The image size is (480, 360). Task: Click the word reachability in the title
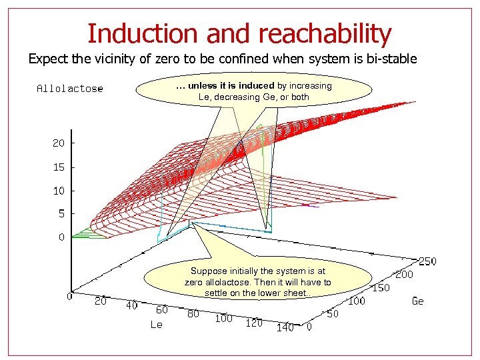(325, 33)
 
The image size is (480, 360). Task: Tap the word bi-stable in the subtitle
(391, 59)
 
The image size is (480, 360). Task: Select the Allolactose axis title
(70, 88)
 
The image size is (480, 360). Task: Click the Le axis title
(156, 325)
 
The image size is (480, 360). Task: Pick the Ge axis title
(417, 301)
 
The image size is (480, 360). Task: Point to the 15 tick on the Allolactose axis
(59, 167)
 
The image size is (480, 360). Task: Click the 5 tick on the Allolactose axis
(61, 214)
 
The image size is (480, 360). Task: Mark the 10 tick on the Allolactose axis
(59, 191)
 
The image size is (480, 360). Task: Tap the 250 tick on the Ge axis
(427, 261)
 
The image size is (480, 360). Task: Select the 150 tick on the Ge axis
(380, 287)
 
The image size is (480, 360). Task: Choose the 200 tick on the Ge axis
(404, 274)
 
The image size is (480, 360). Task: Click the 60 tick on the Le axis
(162, 309)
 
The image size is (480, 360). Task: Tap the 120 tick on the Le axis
(254, 323)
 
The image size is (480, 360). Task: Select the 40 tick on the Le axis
(131, 305)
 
